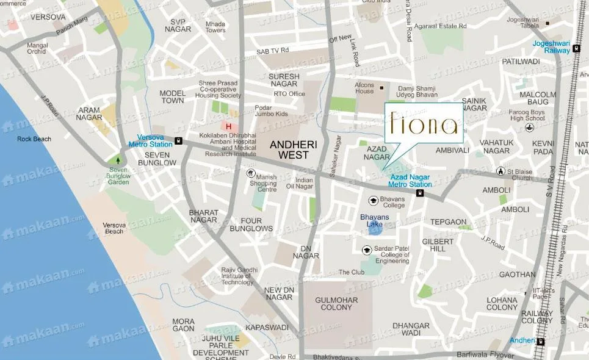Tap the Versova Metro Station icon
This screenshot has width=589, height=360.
click(x=178, y=140)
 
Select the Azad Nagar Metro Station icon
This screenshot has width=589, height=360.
click(x=420, y=193)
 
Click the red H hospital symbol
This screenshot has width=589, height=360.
click(x=229, y=127)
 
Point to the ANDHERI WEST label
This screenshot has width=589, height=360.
click(x=290, y=150)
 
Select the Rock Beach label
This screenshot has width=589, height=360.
click(x=34, y=139)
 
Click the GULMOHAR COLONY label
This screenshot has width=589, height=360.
click(x=333, y=303)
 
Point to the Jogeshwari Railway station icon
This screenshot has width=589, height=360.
click(x=576, y=50)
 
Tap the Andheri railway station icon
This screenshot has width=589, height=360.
click(x=540, y=341)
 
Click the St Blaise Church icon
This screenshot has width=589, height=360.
click(x=500, y=171)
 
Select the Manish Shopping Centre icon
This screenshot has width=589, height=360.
click(x=250, y=173)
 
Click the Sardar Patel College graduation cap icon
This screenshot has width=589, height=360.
click(x=367, y=250)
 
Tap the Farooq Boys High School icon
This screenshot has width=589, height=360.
click(x=532, y=128)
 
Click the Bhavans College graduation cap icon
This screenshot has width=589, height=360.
click(x=372, y=200)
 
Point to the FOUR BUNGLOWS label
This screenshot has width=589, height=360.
click(x=255, y=225)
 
